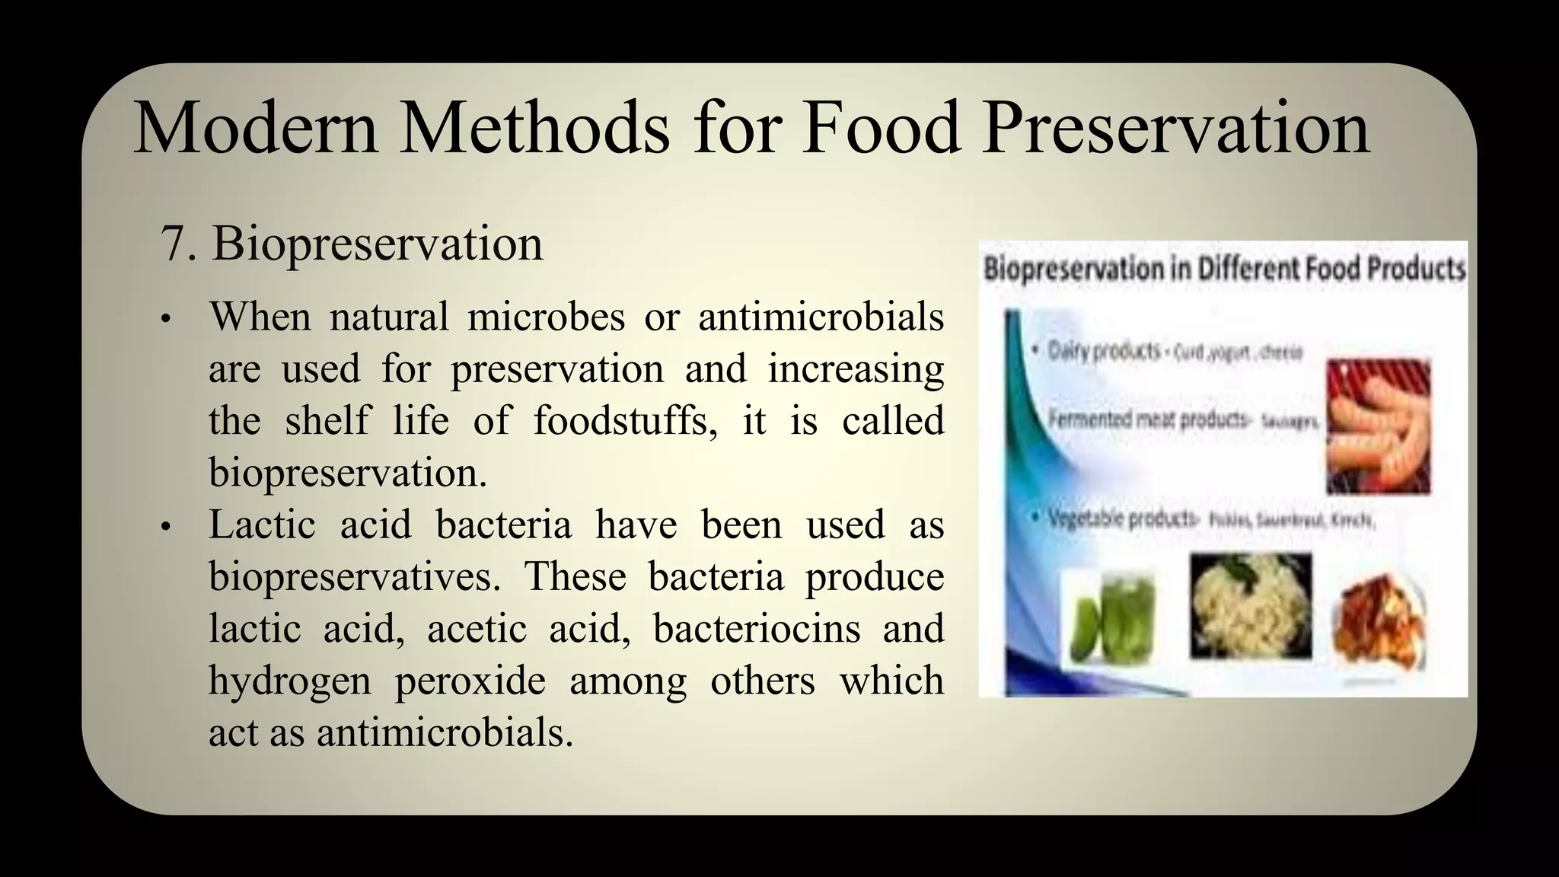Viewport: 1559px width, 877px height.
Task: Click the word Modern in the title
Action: tap(256, 129)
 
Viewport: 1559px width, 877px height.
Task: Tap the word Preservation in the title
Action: tap(1175, 129)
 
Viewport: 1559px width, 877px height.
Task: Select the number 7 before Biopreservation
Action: tap(174, 245)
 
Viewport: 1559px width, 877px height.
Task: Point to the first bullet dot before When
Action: tap(165, 320)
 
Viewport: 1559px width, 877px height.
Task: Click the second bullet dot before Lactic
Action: tap(165, 528)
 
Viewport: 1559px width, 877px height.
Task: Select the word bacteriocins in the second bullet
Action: tap(757, 630)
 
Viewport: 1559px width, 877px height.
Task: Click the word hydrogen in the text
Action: tap(289, 681)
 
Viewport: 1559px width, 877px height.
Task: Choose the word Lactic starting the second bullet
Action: tap(262, 525)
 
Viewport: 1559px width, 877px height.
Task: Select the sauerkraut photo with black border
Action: tap(1251, 606)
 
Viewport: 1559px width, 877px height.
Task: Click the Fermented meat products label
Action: tap(1148, 419)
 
